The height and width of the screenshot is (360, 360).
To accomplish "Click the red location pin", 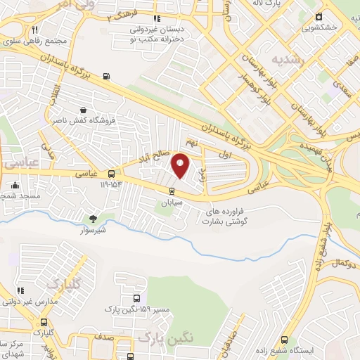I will coord(181,165).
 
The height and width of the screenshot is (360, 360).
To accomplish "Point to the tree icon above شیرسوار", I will coord(92,219).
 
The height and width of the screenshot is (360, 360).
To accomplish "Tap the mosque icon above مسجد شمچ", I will coord(15,186).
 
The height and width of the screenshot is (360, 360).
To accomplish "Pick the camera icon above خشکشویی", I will coord(319,16).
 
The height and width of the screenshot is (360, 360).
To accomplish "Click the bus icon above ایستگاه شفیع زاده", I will coord(284,338).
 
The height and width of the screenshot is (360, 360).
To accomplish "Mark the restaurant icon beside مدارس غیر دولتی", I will coord(20,290).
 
